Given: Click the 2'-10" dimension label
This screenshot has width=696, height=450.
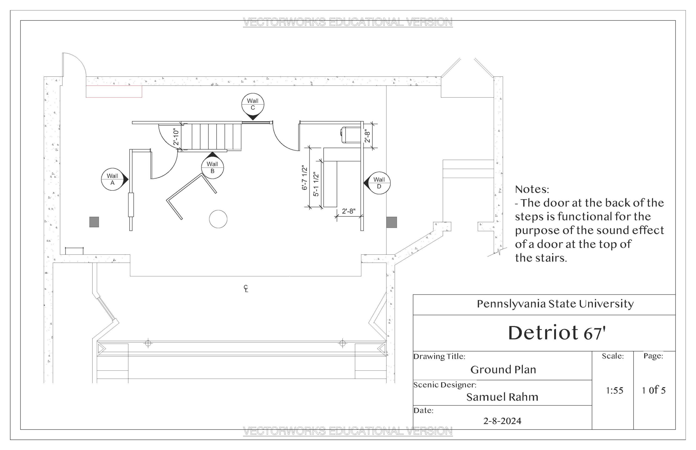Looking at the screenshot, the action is [x=176, y=137].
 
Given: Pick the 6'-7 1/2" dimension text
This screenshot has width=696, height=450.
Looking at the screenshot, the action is [x=304, y=177].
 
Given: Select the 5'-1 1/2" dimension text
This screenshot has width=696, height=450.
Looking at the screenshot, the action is [x=316, y=184].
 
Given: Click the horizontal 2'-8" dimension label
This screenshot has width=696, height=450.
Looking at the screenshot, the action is [x=349, y=211].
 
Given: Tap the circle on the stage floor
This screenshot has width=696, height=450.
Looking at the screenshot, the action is [x=218, y=219].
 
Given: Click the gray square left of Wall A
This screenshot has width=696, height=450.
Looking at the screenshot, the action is [x=94, y=222].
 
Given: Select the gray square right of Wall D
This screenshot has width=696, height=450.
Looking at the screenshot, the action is [x=391, y=222].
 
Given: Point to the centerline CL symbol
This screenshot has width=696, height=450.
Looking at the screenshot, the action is [x=246, y=288].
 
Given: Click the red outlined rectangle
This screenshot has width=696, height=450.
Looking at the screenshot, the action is [x=114, y=91].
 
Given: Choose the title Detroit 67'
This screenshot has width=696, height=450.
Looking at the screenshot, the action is [x=557, y=333].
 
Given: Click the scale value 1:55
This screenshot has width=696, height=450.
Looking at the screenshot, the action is [x=614, y=390].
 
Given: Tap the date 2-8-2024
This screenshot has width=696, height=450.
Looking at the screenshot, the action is [x=502, y=421].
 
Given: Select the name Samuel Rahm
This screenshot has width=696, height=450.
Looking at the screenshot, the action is [x=502, y=397].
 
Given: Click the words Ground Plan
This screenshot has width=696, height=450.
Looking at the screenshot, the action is [x=503, y=370].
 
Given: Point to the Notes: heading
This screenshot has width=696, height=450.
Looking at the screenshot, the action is [x=532, y=189].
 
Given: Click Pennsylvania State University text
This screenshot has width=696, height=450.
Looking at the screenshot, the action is [x=555, y=304].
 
